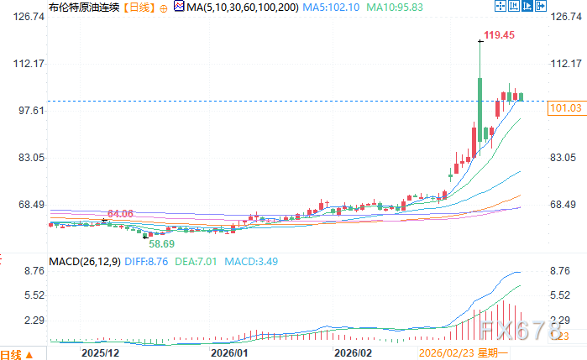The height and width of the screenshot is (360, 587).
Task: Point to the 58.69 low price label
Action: pos(162,243)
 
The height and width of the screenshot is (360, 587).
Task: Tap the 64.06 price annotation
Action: pos(121,214)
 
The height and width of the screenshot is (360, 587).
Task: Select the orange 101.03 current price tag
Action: pos(564,108)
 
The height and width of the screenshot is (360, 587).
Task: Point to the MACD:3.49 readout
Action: pos(250,262)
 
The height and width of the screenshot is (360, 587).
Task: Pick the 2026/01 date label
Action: pos(229,354)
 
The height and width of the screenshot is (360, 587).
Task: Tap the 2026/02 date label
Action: pos(353,354)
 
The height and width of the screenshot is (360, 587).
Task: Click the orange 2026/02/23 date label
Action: pos(447,354)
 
